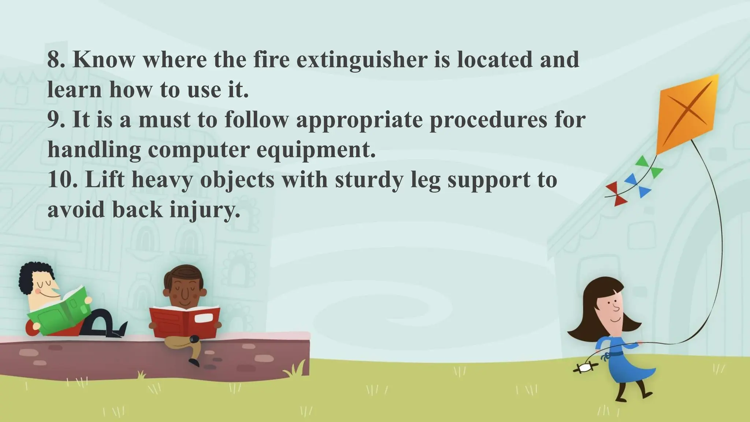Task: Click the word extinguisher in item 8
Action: pyautogui.click(x=362, y=60)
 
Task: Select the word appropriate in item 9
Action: pyautogui.click(x=359, y=120)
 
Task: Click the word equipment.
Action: pyautogui.click(x=316, y=150)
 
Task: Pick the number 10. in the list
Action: pyautogui.click(x=63, y=180)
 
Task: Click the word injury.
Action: pyautogui.click(x=205, y=210)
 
